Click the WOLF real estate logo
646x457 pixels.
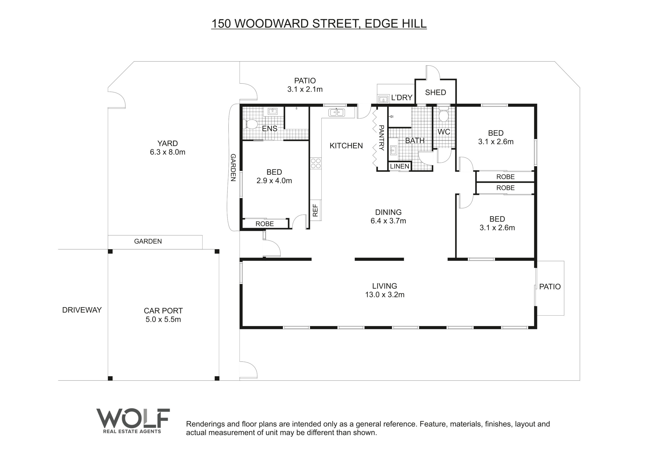point(133,421)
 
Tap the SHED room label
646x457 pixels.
point(435,92)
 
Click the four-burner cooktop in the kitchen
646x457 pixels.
point(316,163)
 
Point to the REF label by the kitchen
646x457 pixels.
point(315,210)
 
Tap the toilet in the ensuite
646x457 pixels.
point(250,124)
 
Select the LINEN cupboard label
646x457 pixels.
point(399,166)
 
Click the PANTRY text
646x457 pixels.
point(381,138)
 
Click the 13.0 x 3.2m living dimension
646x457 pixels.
point(385,295)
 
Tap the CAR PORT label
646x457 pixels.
point(163,311)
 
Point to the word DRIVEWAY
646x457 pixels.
point(82,310)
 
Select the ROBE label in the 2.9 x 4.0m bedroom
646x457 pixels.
point(264,224)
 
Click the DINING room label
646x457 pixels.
point(388,212)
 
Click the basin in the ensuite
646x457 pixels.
point(272,112)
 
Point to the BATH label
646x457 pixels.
point(415,140)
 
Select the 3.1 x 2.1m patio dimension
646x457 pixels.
point(305,90)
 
